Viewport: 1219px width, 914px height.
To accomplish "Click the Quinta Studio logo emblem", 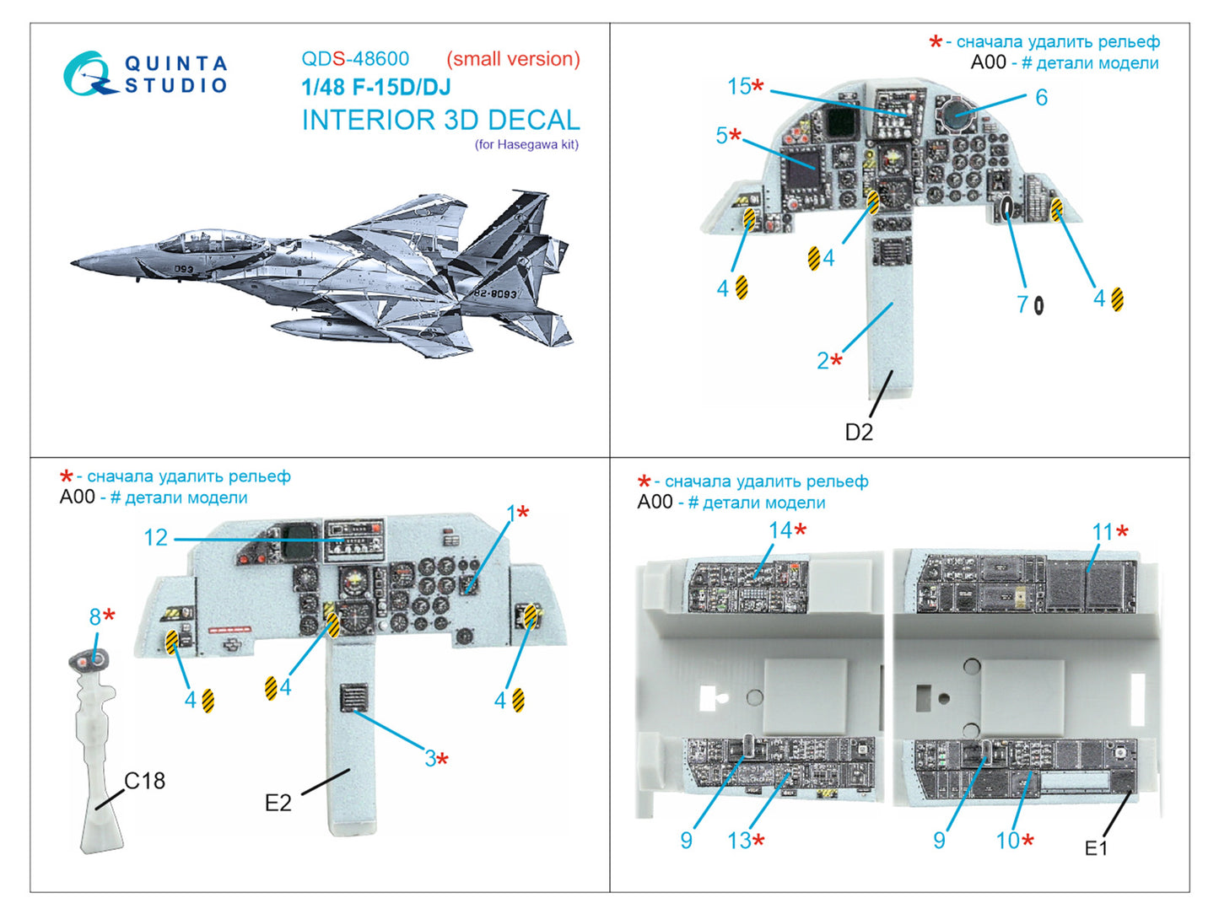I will click(89, 74).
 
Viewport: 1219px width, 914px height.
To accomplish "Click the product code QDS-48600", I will click(355, 59).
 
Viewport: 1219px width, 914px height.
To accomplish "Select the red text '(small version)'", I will click(513, 59).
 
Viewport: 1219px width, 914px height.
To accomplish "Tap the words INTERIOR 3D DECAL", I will click(440, 120).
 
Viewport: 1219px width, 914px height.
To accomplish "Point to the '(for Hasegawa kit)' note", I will click(526, 144).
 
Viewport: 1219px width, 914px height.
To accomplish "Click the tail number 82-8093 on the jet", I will click(495, 293).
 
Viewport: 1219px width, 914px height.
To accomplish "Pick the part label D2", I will click(859, 432).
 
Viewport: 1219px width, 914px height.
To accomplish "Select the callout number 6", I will click(1041, 98).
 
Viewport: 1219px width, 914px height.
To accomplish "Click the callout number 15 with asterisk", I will click(745, 86).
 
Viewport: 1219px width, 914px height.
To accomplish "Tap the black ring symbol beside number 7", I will click(1038, 305).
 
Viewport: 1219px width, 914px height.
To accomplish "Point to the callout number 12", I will click(156, 537).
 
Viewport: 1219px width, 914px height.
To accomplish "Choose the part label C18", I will click(145, 781).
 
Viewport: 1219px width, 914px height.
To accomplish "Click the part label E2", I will click(278, 803).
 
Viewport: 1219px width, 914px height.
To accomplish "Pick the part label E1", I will click(1096, 848).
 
